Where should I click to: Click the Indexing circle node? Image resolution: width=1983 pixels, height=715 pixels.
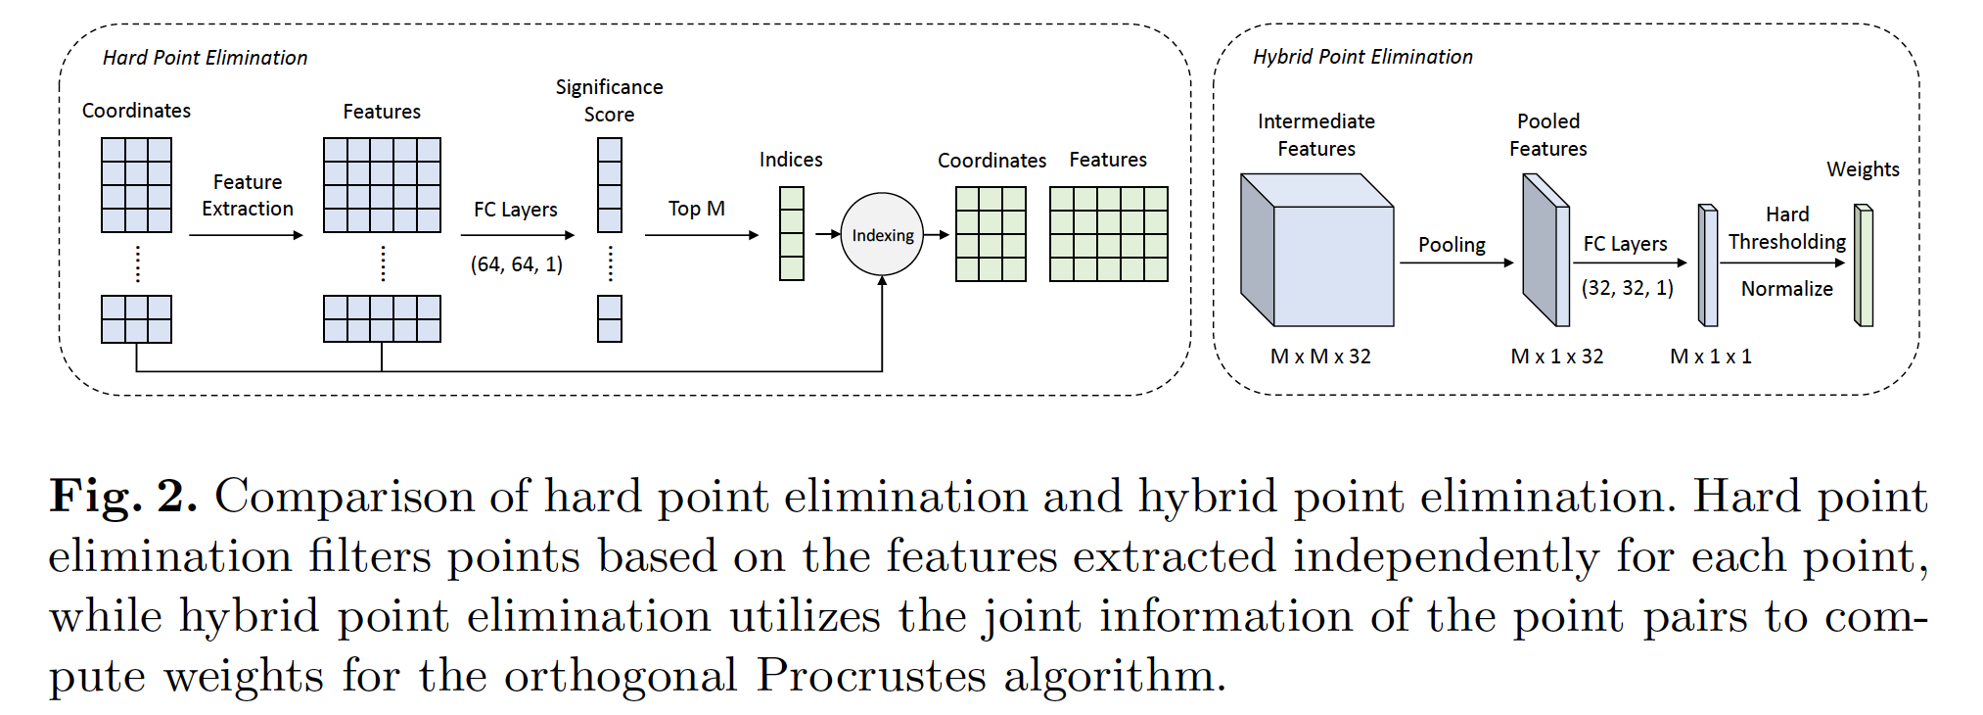882,235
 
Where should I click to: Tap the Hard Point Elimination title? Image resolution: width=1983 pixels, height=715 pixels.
205,58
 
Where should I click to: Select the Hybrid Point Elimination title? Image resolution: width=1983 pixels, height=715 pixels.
1362,57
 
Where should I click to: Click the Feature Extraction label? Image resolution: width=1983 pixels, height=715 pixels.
248,195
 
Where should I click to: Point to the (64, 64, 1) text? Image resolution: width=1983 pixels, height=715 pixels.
517,264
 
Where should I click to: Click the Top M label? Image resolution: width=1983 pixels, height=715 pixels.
696,209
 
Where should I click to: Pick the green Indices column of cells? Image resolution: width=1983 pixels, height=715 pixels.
791,234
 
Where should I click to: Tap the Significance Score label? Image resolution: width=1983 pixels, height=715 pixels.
609,101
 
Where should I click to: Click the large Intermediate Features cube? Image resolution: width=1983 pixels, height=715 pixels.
1316,251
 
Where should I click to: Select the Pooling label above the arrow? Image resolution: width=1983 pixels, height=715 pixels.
1452,245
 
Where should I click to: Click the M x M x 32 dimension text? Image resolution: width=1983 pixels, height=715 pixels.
1320,357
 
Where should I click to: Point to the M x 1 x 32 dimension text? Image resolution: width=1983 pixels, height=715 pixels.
1556,357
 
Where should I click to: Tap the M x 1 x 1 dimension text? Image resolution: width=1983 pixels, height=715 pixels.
1710,357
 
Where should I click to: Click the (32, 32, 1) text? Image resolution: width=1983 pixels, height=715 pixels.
1627,288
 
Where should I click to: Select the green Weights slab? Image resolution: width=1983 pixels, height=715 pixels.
1864,265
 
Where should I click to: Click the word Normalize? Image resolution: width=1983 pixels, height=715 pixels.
1786,289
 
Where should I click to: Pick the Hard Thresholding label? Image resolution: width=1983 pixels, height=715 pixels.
1786,228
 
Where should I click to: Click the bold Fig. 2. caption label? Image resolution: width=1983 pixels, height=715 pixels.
123,497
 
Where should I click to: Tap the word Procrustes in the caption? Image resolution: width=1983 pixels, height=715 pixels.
871,675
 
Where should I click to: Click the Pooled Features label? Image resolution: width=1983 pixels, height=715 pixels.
1547,135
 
